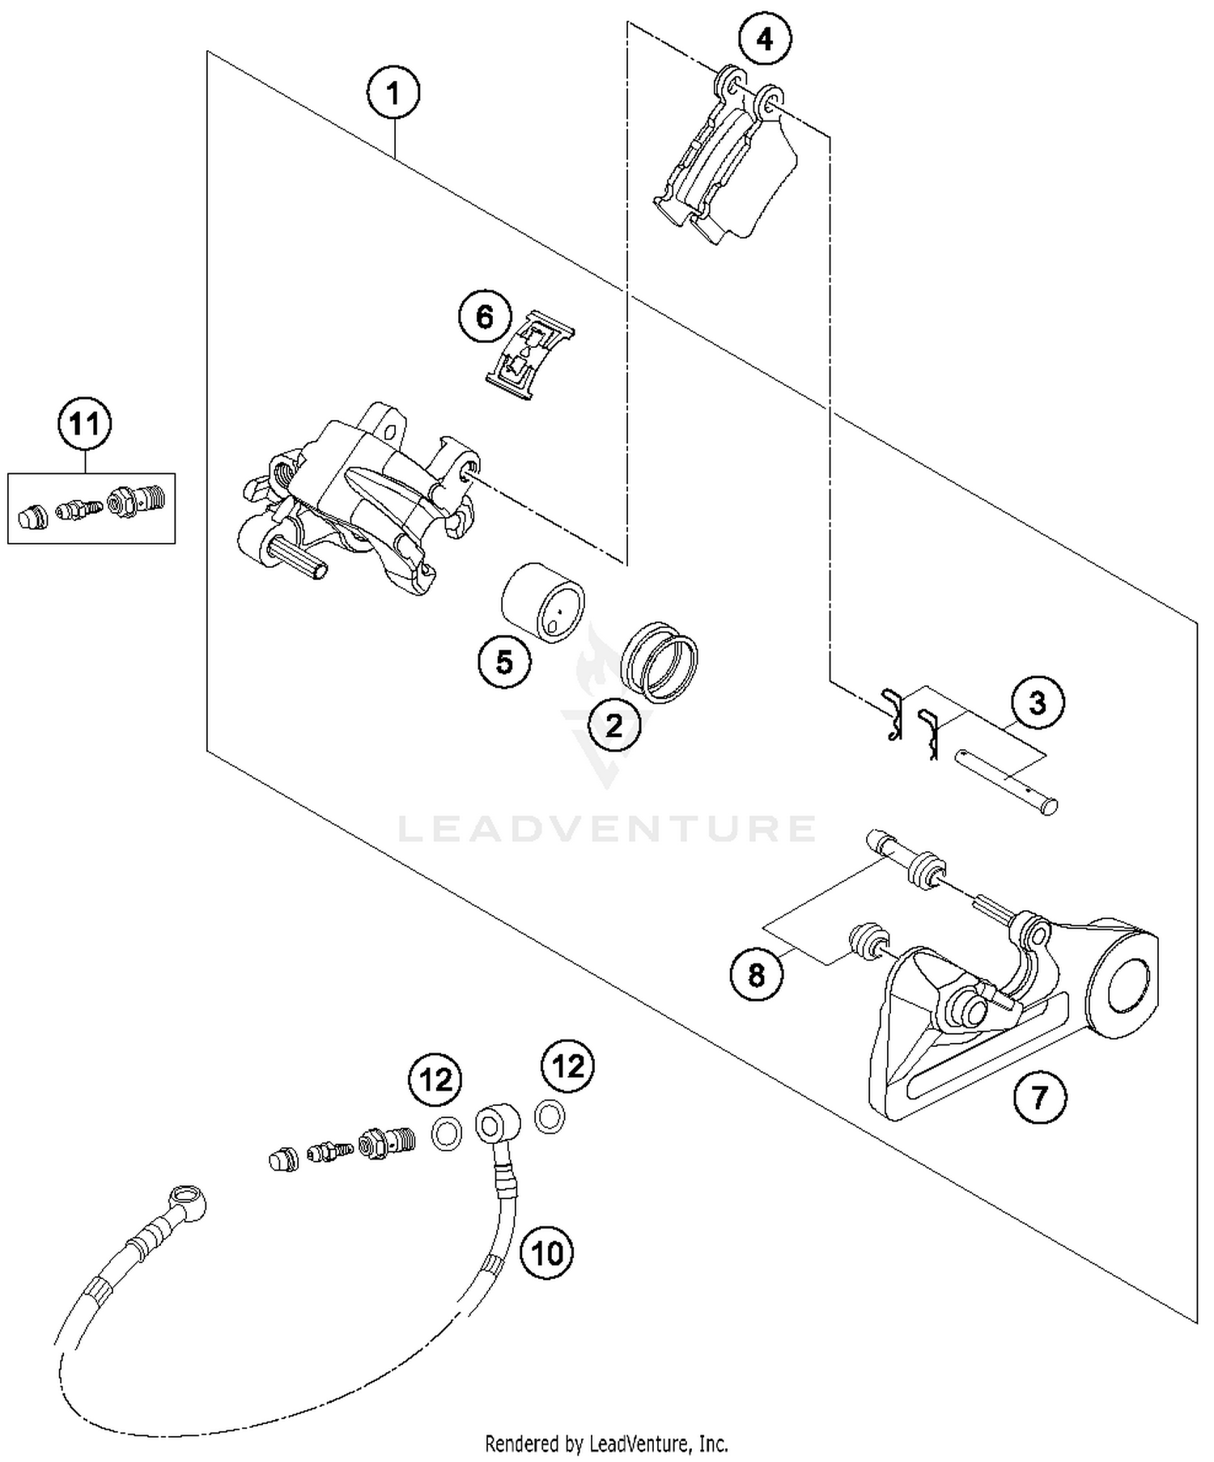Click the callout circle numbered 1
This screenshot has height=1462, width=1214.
[393, 94]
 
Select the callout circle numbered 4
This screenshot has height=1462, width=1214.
[765, 38]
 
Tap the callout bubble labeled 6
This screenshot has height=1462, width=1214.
[485, 316]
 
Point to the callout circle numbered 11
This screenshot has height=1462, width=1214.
[85, 423]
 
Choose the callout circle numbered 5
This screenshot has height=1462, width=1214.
[504, 663]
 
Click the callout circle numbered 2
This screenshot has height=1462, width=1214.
[614, 725]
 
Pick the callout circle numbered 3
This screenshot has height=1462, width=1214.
[1038, 703]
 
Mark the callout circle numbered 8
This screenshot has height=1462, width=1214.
[757, 974]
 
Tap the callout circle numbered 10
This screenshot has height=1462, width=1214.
[547, 1253]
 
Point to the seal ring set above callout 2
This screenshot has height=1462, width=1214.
[660, 662]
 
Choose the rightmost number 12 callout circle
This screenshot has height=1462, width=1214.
[568, 1066]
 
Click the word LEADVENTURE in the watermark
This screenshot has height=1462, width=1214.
[607, 828]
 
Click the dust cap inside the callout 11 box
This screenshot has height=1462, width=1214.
[32, 515]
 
